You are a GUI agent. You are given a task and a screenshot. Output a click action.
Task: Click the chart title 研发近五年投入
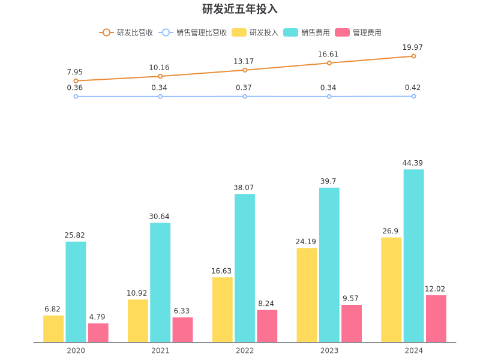tap(240, 9)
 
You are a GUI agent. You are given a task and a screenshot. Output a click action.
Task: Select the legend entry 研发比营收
tap(127, 32)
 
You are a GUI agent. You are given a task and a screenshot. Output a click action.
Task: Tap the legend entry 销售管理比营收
tap(194, 32)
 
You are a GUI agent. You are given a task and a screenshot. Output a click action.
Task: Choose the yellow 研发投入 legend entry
tap(256, 32)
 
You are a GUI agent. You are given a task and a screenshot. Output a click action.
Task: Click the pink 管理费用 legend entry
tap(358, 32)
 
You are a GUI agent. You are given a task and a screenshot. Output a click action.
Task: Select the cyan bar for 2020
tap(76, 292)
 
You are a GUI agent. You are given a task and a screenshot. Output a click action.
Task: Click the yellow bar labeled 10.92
tap(137, 320)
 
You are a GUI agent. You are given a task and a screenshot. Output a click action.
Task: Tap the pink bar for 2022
tap(267, 326)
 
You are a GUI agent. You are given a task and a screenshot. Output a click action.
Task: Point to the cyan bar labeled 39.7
tap(329, 265)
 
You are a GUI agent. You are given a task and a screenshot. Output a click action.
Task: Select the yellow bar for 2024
tap(391, 289)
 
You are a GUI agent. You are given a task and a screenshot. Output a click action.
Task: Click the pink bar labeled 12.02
tap(436, 319)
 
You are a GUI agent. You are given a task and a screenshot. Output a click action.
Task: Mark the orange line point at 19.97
tap(413, 56)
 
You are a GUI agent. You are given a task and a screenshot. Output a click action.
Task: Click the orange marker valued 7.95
tap(76, 80)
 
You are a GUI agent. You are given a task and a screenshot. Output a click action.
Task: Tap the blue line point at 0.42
tap(413, 96)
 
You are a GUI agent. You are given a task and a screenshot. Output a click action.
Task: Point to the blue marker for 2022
tap(245, 96)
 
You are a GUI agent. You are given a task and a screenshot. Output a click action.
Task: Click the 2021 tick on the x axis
tap(160, 350)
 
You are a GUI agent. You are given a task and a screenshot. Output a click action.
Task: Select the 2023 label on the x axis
tap(329, 350)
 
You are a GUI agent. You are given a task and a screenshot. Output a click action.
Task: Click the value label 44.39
tap(413, 163)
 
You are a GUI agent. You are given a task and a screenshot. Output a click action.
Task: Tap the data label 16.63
tap(222, 271)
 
